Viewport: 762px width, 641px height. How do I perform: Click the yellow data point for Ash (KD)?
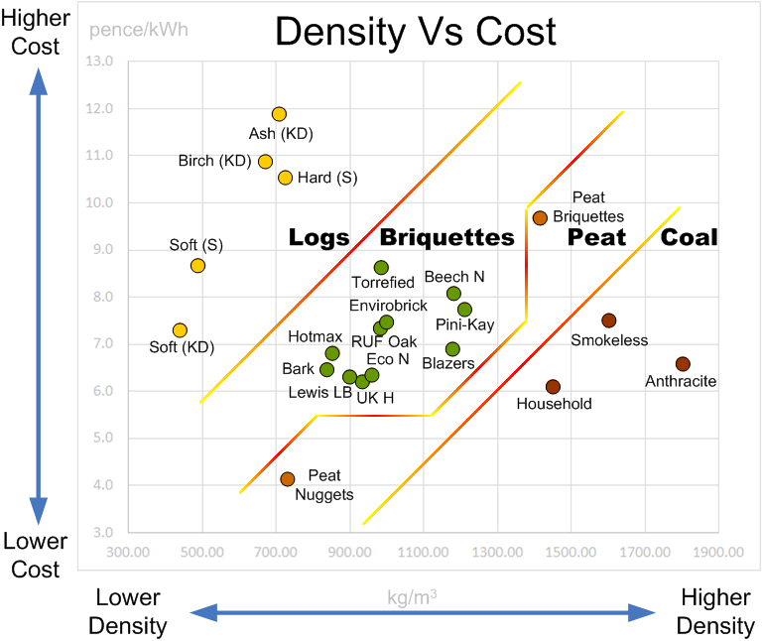(279, 114)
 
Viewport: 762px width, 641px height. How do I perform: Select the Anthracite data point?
(683, 364)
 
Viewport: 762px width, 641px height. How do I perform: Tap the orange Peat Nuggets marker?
(288, 479)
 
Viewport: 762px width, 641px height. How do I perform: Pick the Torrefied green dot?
(381, 268)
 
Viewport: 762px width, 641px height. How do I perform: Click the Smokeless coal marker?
(609, 320)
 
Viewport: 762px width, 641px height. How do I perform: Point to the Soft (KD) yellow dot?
(180, 330)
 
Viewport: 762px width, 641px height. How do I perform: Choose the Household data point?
(553, 387)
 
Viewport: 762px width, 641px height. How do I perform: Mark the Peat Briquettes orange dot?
(540, 218)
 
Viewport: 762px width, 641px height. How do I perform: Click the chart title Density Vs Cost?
(415, 32)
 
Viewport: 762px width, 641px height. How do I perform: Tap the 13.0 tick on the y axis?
(101, 62)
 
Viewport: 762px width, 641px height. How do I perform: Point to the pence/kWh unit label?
(138, 28)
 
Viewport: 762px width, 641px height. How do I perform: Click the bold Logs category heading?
(318, 238)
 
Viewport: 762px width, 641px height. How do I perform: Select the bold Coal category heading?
(689, 238)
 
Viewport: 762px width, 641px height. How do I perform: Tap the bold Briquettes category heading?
(446, 238)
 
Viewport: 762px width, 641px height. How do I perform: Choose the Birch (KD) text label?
(214, 161)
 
